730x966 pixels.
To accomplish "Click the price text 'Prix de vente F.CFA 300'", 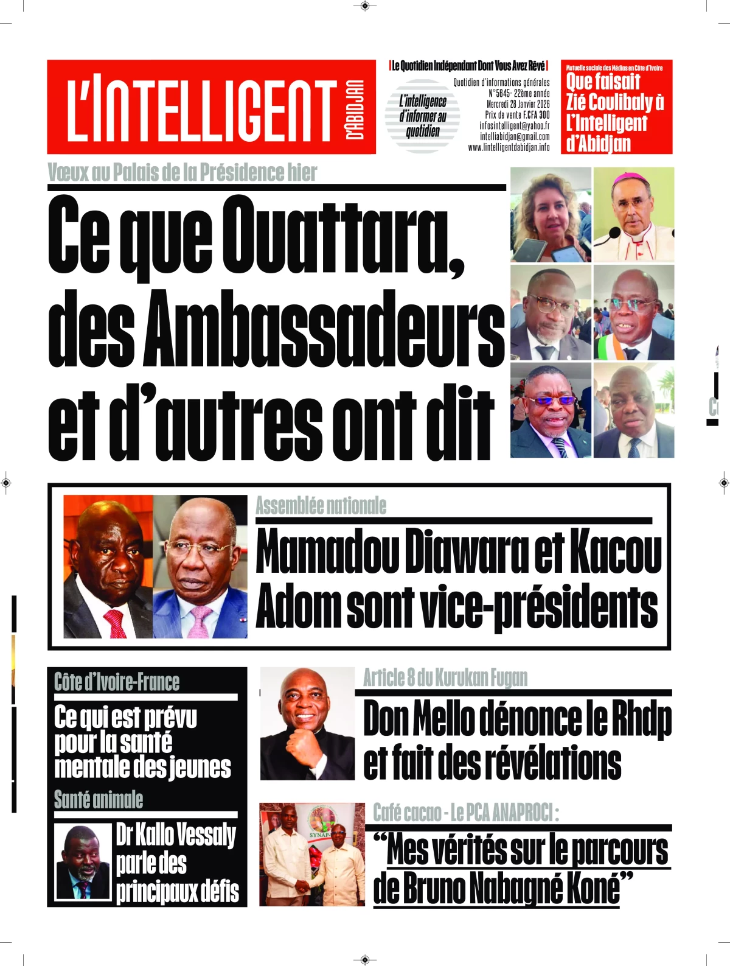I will tap(517, 115).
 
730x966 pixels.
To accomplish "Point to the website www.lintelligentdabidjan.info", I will tap(509, 147).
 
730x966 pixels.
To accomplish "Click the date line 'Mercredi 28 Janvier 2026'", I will tap(518, 104).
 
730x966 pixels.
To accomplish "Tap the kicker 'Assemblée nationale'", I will tap(321, 506).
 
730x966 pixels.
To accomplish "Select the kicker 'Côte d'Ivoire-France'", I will tap(117, 682).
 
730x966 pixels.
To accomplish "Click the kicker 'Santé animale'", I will tap(99, 799).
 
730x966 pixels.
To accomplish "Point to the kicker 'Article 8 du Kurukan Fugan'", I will tap(445, 677).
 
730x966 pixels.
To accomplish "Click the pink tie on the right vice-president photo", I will tap(200, 621).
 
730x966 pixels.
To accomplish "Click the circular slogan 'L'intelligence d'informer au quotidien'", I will tap(423, 116).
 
